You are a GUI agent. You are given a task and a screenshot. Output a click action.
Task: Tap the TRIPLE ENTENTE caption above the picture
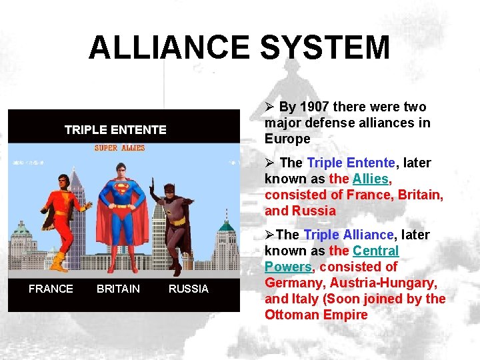click(x=115, y=130)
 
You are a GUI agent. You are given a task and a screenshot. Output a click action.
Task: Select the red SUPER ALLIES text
click(x=119, y=148)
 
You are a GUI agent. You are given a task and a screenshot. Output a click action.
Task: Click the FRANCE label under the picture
click(x=51, y=289)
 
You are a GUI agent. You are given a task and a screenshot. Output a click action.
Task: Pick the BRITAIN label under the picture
click(x=118, y=289)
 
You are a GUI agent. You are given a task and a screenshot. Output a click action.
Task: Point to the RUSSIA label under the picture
click(x=189, y=289)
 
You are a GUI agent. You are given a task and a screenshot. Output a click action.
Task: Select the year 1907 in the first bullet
click(x=314, y=107)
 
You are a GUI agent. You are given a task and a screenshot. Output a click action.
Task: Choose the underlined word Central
click(x=375, y=251)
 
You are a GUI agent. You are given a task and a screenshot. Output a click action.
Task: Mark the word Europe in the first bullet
click(x=287, y=139)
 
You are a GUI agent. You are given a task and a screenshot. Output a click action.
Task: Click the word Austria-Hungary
click(x=383, y=283)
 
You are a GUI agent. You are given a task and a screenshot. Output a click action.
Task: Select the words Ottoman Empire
click(x=316, y=315)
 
